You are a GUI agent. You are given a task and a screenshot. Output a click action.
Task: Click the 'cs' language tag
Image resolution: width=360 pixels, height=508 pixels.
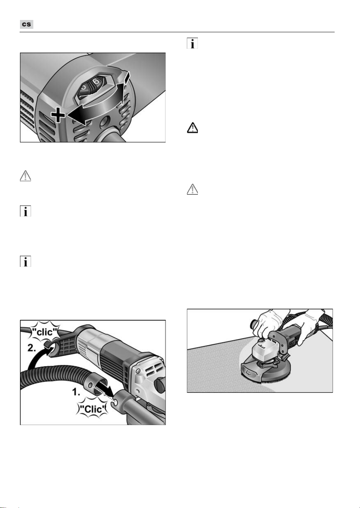pyautogui.click(x=27, y=24)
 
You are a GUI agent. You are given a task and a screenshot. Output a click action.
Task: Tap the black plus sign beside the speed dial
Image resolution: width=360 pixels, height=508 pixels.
pyautogui.click(x=58, y=115)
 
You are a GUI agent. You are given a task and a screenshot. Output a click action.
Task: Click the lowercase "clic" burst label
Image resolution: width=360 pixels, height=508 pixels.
pyautogui.click(x=45, y=332)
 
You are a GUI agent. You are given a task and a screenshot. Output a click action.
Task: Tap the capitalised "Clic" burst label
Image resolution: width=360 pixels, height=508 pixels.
pyautogui.click(x=93, y=409)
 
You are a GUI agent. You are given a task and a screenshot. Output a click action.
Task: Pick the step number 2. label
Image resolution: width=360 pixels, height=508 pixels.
pyautogui.click(x=32, y=348)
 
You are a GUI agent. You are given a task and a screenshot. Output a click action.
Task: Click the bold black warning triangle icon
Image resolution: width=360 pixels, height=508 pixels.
pyautogui.click(x=192, y=127)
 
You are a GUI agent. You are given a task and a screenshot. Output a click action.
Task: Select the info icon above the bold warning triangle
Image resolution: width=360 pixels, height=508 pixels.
pyautogui.click(x=192, y=43)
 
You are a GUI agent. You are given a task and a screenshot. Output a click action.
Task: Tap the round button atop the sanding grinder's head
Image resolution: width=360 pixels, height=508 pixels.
pyautogui.click(x=261, y=341)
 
